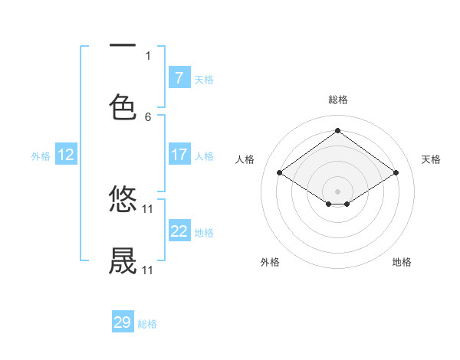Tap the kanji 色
tap(123, 107)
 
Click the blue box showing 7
tap(179, 78)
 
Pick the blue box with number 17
tap(179, 155)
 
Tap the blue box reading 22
tap(179, 231)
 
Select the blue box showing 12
tap(65, 155)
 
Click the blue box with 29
tap(123, 322)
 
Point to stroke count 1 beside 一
tap(148, 55)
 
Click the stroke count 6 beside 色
tap(148, 117)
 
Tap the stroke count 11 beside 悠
tap(148, 208)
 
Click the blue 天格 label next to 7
tap(204, 79)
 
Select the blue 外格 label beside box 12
tap(41, 155)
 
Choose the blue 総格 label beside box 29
tap(147, 324)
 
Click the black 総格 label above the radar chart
tap(338, 100)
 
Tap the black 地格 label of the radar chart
tap(402, 262)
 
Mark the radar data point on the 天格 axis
tap(396, 173)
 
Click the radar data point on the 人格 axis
tap(280, 173)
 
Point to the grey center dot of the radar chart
tap(338, 191)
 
